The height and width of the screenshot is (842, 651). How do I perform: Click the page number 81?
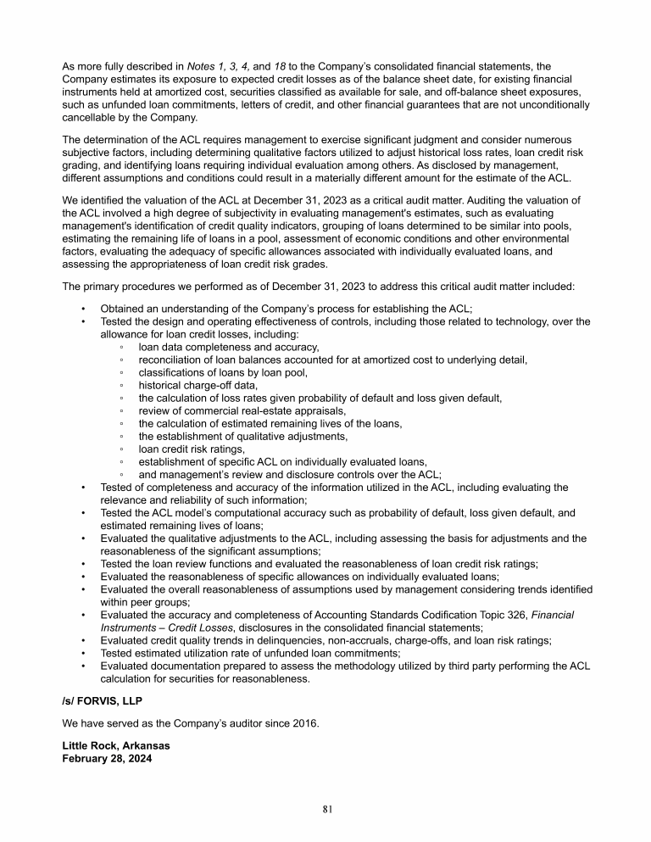[x=325, y=809]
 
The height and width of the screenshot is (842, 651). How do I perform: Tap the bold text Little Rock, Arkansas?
[x=116, y=745]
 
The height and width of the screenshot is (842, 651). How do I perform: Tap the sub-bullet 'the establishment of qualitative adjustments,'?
[x=243, y=436]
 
